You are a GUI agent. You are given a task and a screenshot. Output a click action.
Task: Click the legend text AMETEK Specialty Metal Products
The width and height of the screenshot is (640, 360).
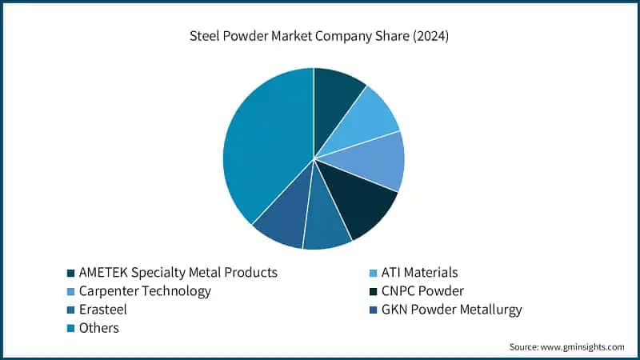click(178, 273)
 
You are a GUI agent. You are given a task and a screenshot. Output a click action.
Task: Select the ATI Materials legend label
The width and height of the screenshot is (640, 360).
click(420, 273)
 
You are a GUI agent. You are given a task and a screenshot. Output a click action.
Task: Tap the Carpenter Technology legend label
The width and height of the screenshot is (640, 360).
click(145, 291)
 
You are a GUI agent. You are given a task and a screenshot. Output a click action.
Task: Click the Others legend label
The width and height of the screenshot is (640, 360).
click(99, 328)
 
